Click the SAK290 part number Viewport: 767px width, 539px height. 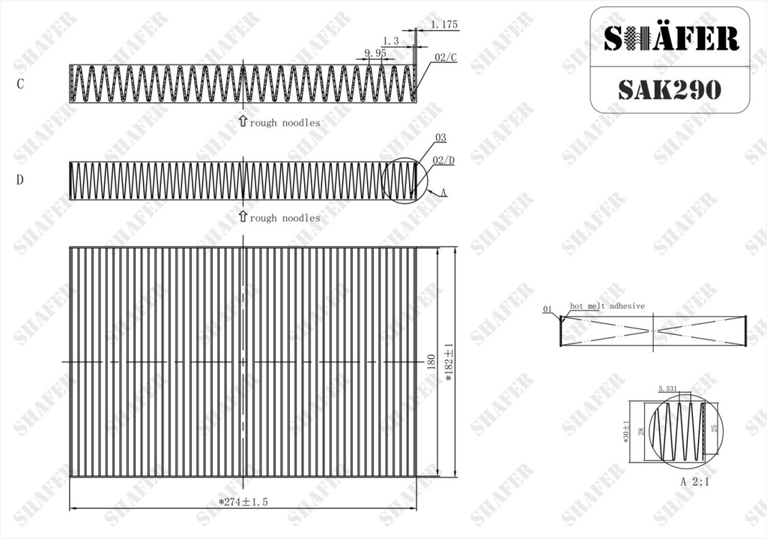[x=670, y=90]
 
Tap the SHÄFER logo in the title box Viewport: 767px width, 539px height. [x=670, y=38]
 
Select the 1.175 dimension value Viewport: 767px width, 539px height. [x=444, y=24]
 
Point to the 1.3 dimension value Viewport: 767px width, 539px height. [x=390, y=41]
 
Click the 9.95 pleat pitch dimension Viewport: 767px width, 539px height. [x=375, y=52]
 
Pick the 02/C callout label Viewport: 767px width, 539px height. [x=445, y=57]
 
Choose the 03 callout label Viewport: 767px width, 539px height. [x=440, y=138]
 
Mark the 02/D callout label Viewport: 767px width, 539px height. [x=443, y=160]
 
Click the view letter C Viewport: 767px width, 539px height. [x=20, y=84]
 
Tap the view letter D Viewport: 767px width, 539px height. [x=19, y=180]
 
